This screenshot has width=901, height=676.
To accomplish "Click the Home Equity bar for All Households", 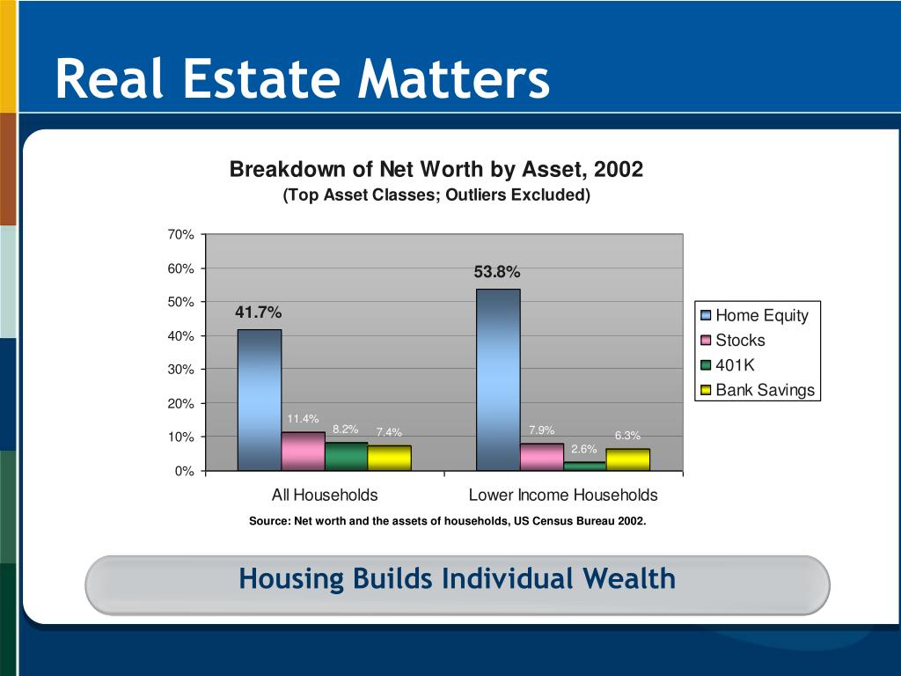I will pos(260,400).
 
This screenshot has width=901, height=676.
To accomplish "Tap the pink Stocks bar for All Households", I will pos(303,451).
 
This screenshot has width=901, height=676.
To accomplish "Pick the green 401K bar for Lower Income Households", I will pos(584,466).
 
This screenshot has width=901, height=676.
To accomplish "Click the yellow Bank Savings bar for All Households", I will pos(389,458).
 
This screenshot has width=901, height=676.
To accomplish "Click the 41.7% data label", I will pos(259,313).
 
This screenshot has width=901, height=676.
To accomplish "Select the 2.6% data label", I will pos(584,450).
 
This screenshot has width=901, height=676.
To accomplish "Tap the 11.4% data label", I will pos(303,418).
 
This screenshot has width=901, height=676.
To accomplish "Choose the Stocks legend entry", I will pos(740,341).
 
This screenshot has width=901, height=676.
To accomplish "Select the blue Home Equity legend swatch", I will pos(706,316).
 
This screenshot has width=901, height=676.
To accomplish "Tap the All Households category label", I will pos(325,495).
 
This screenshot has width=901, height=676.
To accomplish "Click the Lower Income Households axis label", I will pos(563,495).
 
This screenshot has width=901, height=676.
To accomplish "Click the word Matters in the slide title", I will pos(453,80).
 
